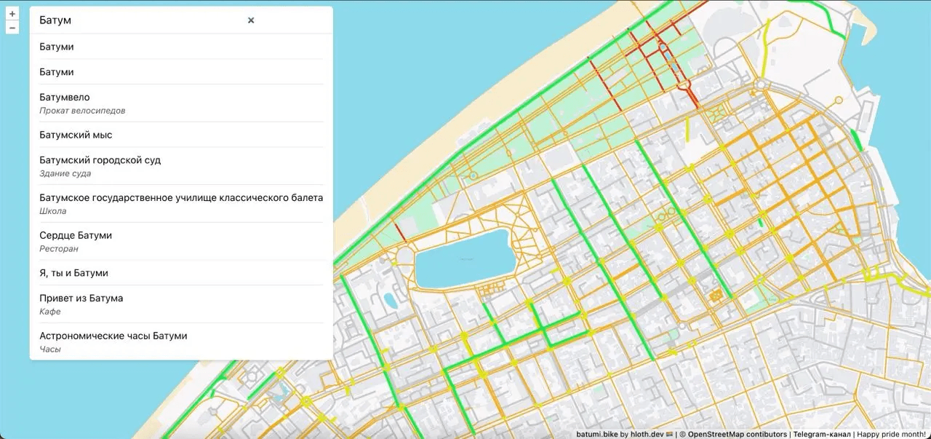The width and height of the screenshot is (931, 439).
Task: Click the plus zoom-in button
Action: pos(12,13)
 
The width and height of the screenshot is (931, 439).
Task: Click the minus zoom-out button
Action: pos(12,28)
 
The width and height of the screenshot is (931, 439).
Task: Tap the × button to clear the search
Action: pos(251,20)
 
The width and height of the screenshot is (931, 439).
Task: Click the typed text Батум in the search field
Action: pos(55,20)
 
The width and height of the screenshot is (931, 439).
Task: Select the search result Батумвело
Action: pos(65,97)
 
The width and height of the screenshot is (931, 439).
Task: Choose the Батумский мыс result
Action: pos(76,135)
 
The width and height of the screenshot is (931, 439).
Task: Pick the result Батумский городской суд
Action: pos(100,159)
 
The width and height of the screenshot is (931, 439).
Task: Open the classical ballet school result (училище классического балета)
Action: pos(181,197)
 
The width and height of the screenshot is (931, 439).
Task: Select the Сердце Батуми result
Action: pos(76,235)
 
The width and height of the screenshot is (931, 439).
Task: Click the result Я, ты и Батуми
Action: pos(73,272)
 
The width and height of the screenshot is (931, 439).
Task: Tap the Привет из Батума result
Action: pos(81,298)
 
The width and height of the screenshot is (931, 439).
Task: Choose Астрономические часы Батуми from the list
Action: pos(113,336)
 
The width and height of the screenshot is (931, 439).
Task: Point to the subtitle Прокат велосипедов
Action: pos(82,111)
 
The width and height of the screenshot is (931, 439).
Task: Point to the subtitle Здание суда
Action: pos(65,173)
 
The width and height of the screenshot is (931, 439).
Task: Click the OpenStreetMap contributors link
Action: pos(737,434)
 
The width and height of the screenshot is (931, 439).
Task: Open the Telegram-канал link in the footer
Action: pos(822,434)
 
